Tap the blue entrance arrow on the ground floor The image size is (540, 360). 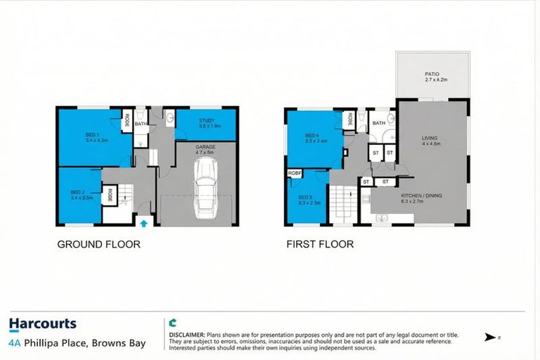click(x=143, y=223)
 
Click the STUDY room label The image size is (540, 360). click(x=207, y=121)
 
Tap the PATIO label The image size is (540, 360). click(x=432, y=76)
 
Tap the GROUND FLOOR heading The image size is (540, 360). click(x=98, y=245)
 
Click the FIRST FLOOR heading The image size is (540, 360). click(x=320, y=245)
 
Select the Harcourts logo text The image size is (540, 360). click(x=42, y=324)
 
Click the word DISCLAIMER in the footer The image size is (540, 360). click(x=186, y=334)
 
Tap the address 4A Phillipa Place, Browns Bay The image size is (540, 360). click(x=77, y=343)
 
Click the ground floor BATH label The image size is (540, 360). click(x=141, y=124)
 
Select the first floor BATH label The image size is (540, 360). click(x=379, y=123)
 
